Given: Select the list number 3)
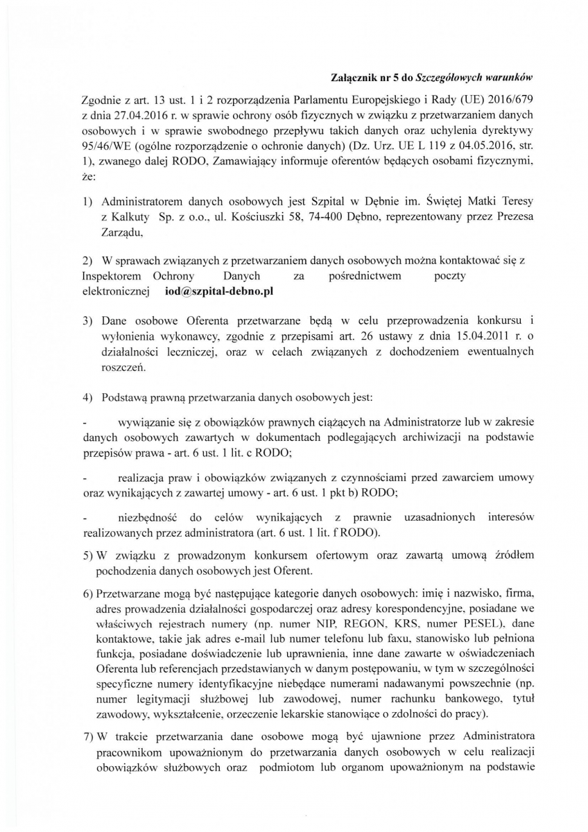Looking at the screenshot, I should pyautogui.click(x=88, y=322).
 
